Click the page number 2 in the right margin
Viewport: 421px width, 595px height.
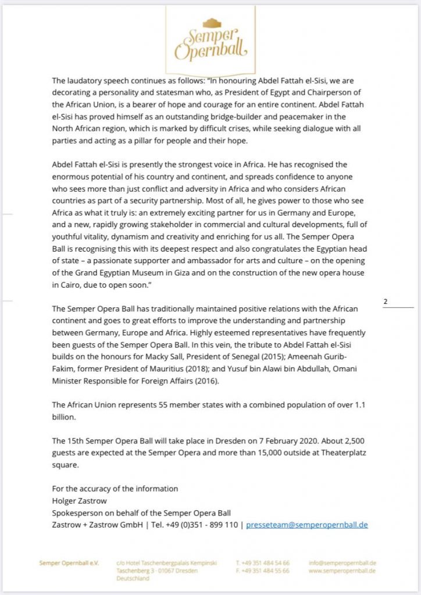pyautogui.click(x=386, y=302)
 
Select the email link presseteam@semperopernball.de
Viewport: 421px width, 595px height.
pyautogui.click(x=307, y=524)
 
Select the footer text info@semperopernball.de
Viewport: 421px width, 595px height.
pyautogui.click(x=342, y=563)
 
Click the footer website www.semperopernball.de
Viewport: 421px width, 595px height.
pyautogui.click(x=342, y=571)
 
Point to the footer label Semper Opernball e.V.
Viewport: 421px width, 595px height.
pyautogui.click(x=69, y=563)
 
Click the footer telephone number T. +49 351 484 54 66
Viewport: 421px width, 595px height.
pyautogui.click(x=262, y=563)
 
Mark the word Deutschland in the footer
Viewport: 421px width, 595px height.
pyautogui.click(x=133, y=579)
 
